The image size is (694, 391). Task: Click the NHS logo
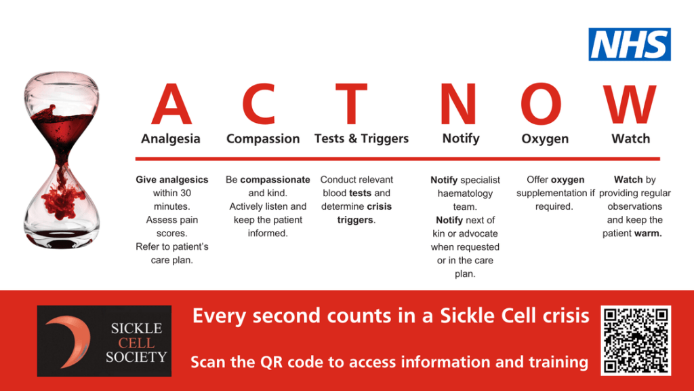click(x=629, y=44)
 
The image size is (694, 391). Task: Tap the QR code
click(x=636, y=340)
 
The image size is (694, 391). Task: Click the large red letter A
click(x=171, y=105)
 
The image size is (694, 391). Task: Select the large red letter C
click(x=259, y=105)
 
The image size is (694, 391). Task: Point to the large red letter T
click(x=351, y=105)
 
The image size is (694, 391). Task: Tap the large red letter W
click(x=630, y=105)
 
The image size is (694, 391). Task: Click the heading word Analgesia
click(x=171, y=138)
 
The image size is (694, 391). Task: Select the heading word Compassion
click(x=263, y=138)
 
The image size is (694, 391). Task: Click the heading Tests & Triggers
click(x=361, y=138)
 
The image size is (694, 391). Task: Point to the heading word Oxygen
click(x=545, y=138)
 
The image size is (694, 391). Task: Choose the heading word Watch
click(x=630, y=138)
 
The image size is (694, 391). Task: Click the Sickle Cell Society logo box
click(x=104, y=341)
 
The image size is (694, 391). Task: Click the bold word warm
click(x=649, y=234)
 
